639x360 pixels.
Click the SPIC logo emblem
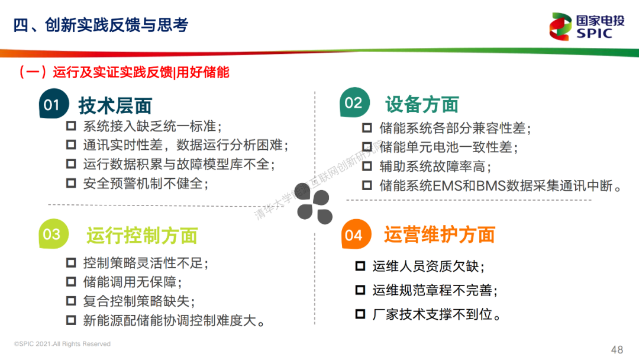560,27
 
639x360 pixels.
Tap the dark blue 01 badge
53,104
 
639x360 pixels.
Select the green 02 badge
354,102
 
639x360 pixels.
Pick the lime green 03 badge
53,234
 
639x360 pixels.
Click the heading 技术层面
115,105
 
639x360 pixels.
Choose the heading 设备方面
422,104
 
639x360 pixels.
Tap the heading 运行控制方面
142,236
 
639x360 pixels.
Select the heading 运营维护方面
439,234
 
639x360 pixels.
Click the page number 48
617,349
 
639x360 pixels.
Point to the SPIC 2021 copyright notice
62,343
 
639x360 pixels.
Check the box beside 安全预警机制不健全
71,183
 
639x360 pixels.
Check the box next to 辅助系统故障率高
367,166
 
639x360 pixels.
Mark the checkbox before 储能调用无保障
71,281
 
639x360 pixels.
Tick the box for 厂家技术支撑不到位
360,314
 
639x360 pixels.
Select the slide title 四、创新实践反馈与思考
101,25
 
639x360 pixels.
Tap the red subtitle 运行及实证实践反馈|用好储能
141,72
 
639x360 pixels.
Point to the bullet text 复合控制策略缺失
139,301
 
